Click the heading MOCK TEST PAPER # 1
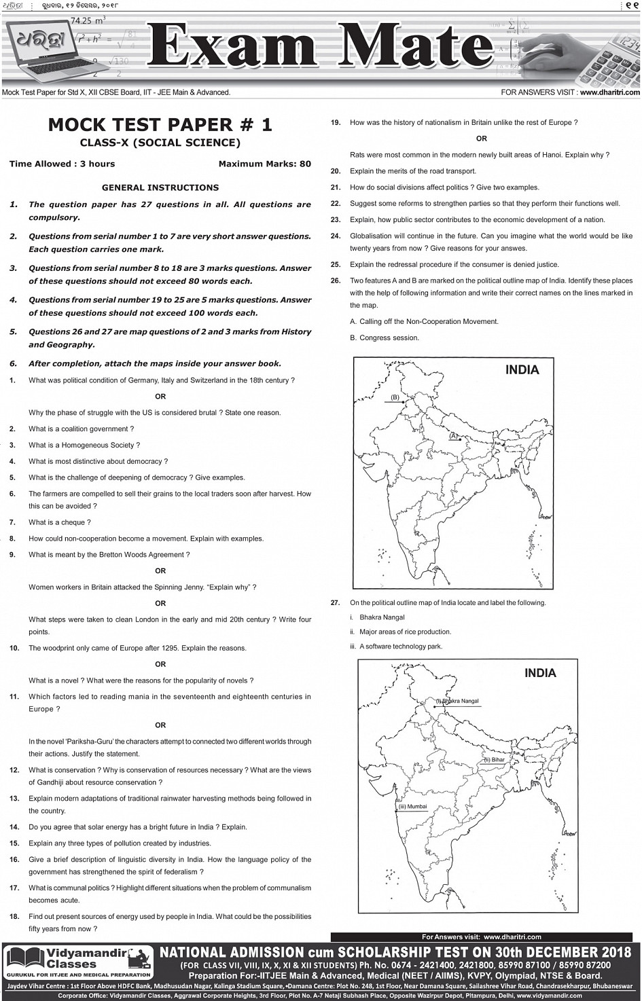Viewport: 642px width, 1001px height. pos(160,125)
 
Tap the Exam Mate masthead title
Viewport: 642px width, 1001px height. pos(319,45)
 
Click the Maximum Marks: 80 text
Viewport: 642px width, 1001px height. pos(264,164)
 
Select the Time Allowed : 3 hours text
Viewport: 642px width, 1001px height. pos(62,164)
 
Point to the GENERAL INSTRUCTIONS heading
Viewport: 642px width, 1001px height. pos(160,187)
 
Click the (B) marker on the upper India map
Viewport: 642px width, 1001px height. pos(395,397)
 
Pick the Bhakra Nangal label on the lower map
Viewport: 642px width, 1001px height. pos(459,701)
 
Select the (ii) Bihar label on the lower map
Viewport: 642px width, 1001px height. pos(494,760)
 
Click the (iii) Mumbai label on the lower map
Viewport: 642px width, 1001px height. pos(413,807)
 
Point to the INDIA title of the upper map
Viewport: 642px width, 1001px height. pos(522,370)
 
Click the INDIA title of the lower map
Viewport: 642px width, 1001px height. pos(540,673)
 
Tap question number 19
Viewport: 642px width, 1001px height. pos(336,123)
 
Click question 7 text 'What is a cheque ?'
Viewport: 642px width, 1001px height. pos(59,522)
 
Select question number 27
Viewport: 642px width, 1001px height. pos(336,603)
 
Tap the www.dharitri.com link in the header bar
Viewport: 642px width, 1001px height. pos(609,92)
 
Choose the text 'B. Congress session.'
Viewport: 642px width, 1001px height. pos(385,338)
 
